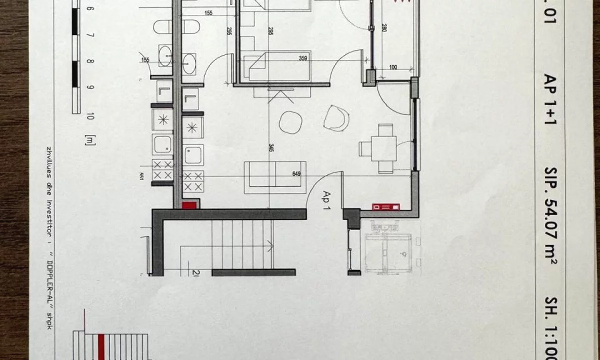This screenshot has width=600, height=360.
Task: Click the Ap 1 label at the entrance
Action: click(328, 200)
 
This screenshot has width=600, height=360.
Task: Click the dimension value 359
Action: click(302, 58)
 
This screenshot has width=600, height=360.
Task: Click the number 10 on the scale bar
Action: click(90, 117)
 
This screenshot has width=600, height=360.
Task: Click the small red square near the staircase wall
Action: click(190, 204)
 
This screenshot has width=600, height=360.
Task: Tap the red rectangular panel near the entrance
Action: click(385, 206)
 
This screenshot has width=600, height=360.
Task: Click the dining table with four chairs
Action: click(382, 148)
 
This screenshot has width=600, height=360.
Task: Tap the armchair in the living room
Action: click(336, 118)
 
